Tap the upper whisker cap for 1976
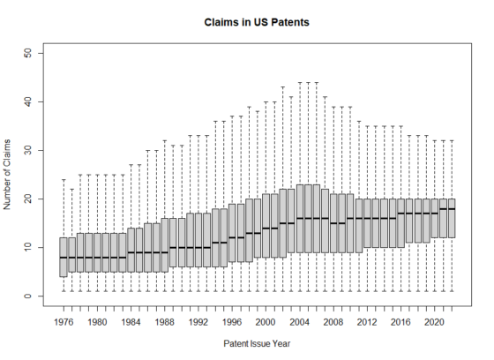(x=63, y=180)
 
